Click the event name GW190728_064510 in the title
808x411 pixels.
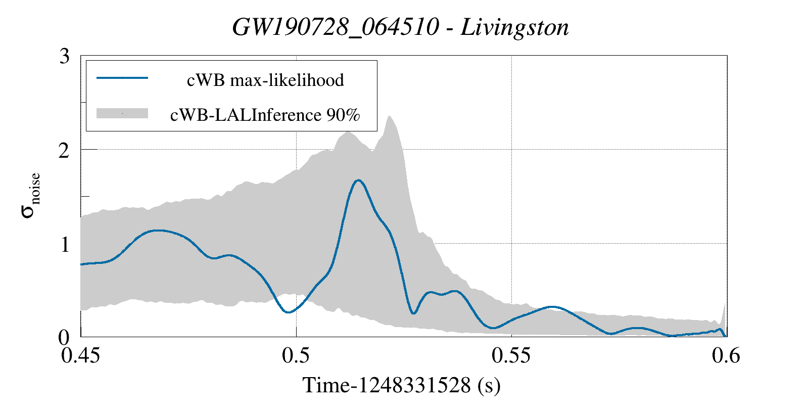(x=336, y=27)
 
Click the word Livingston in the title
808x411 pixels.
(x=515, y=27)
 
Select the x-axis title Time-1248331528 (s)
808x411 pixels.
(x=401, y=385)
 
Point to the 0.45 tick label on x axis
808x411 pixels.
(x=81, y=355)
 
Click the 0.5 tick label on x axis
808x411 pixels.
(x=297, y=355)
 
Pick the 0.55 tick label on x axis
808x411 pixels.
(x=511, y=355)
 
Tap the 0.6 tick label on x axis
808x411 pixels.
(x=726, y=355)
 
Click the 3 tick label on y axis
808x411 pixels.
(x=65, y=56)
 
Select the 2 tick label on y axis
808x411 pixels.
(x=65, y=150)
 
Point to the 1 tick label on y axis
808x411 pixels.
(x=65, y=244)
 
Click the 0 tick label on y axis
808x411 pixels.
(x=65, y=337)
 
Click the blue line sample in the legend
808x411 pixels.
(x=122, y=78)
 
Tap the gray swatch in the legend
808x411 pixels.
(x=122, y=113)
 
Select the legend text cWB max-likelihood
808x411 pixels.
(x=265, y=80)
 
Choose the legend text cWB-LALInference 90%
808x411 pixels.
(x=265, y=115)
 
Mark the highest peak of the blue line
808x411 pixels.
(x=358, y=180)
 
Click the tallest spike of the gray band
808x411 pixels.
(x=389, y=117)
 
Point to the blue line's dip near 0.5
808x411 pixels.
(x=288, y=312)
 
